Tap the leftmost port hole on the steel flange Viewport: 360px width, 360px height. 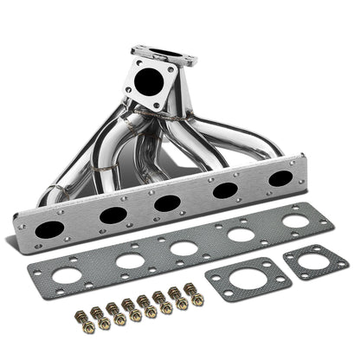[50, 230]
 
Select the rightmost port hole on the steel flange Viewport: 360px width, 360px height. [280, 179]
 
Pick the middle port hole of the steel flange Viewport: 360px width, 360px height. [167, 203]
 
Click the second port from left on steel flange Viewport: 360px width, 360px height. [112, 215]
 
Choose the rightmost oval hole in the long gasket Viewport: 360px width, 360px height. [294, 222]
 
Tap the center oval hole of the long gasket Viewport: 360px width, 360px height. [183, 247]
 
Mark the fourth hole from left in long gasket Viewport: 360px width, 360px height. [240, 234]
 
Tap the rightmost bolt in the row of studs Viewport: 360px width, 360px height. [196, 299]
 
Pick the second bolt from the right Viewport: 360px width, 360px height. [181, 302]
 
